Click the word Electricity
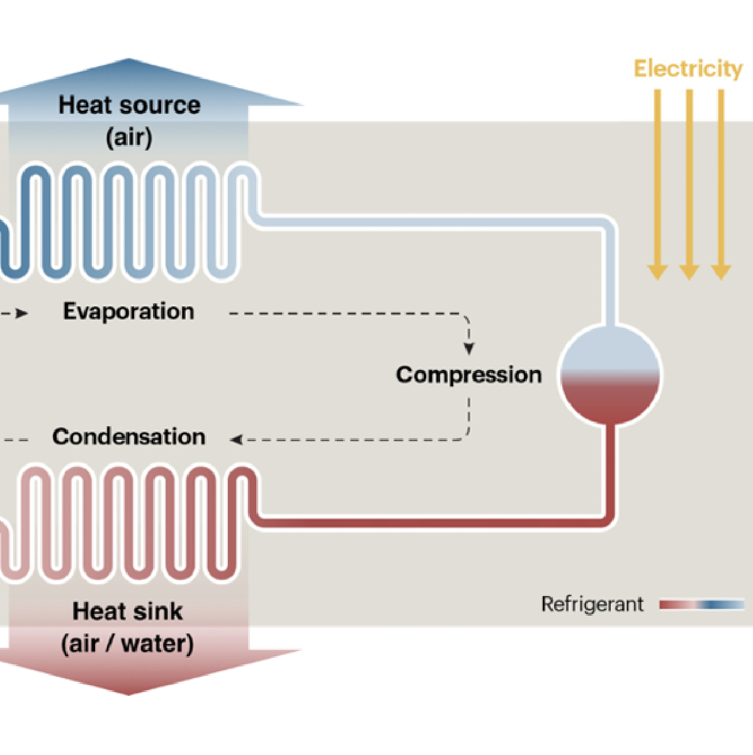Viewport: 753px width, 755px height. pyautogui.click(x=688, y=68)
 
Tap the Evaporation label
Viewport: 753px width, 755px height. pyautogui.click(x=128, y=311)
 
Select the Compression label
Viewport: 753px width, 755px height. pyautogui.click(x=468, y=375)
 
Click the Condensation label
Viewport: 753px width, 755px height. pyautogui.click(x=128, y=437)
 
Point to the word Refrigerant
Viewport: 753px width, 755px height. pyautogui.click(x=592, y=604)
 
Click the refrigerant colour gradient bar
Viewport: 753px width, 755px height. pyautogui.click(x=701, y=605)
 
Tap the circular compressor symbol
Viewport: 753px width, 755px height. pyautogui.click(x=609, y=375)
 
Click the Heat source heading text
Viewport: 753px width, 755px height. pyautogui.click(x=129, y=105)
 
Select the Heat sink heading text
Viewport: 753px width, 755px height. pyautogui.click(x=127, y=611)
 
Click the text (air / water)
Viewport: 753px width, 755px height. pyautogui.click(x=127, y=644)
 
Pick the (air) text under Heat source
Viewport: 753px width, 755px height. pyautogui.click(x=129, y=137)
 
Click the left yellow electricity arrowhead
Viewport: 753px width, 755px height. pyautogui.click(x=657, y=272)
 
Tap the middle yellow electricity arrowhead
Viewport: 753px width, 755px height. pyautogui.click(x=689, y=272)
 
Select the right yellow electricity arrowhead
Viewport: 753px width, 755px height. pyautogui.click(x=721, y=272)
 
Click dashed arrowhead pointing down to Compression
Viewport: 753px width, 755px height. pyautogui.click(x=468, y=349)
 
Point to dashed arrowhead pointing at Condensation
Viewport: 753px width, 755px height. pyautogui.click(x=237, y=439)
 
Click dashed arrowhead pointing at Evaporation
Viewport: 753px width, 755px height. pyautogui.click(x=23, y=313)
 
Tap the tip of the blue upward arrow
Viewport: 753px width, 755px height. pyautogui.click(x=129, y=61)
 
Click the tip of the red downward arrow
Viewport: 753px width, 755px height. pyautogui.click(x=128, y=693)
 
